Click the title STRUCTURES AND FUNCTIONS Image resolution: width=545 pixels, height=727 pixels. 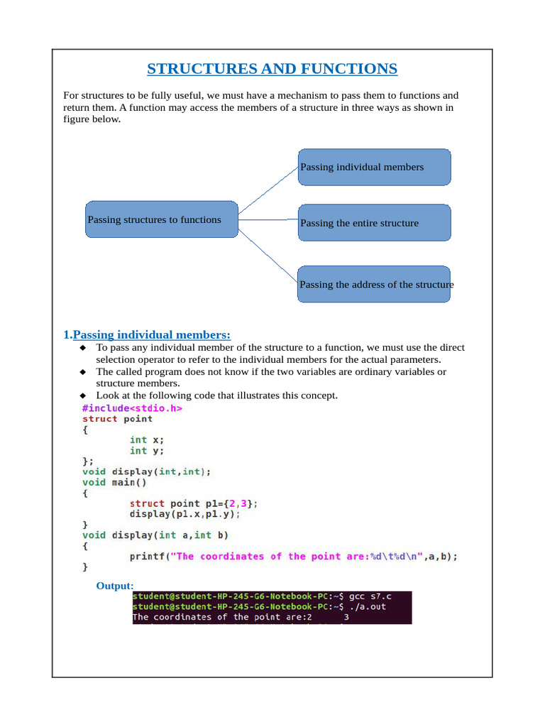[x=272, y=69]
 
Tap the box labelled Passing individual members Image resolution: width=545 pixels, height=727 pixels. [x=374, y=168]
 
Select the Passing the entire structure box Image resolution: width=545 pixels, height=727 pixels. [x=374, y=223]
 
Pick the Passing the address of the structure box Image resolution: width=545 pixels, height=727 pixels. [x=374, y=284]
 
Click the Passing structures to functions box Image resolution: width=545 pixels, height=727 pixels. [x=161, y=219]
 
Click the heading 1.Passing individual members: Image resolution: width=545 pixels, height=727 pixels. [x=147, y=334]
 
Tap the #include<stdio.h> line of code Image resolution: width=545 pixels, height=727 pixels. [x=132, y=408]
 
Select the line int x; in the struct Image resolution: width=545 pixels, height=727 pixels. [x=147, y=440]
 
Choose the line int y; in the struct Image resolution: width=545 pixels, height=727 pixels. [x=147, y=451]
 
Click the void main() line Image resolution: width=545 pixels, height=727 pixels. [x=114, y=482]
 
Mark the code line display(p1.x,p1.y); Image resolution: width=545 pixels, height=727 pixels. [x=185, y=513]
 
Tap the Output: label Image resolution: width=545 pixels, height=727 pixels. [x=115, y=586]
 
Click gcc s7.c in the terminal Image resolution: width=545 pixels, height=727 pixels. [x=374, y=596]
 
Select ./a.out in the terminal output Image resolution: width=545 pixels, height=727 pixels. [x=369, y=607]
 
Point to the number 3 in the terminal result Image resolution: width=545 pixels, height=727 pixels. [x=346, y=618]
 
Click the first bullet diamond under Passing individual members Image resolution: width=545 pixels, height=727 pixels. [x=82, y=348]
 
